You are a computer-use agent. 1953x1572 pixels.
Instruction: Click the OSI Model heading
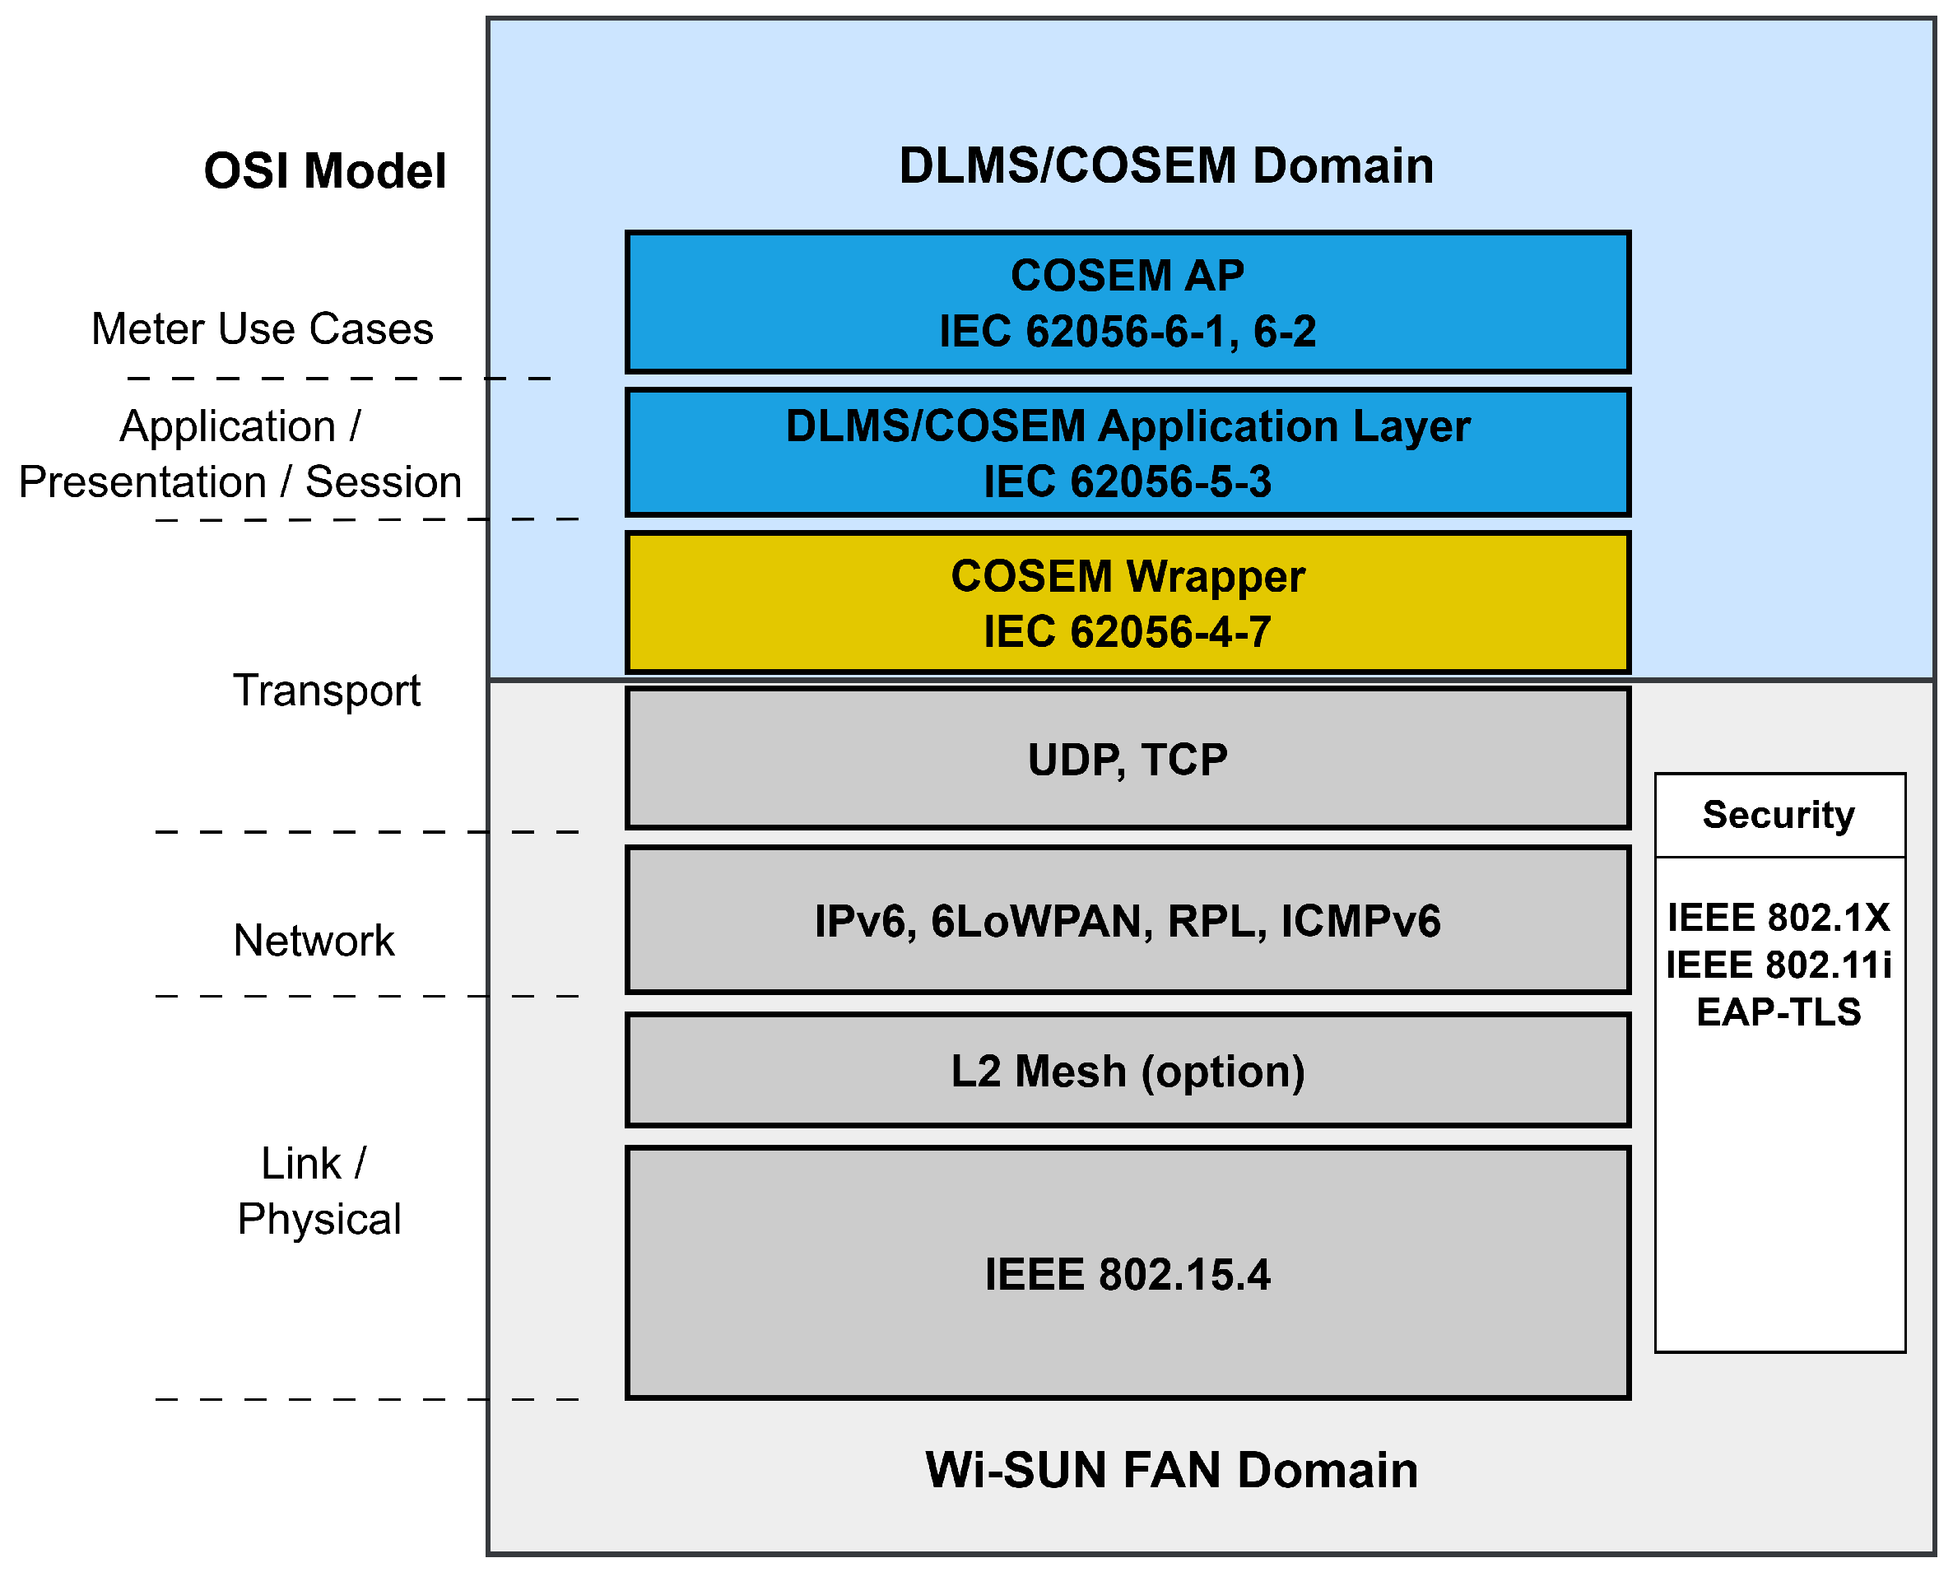324,171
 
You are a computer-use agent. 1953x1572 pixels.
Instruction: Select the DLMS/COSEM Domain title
1166,165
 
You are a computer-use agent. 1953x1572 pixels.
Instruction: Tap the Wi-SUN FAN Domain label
1170,1470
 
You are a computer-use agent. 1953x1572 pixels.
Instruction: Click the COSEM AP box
1127,302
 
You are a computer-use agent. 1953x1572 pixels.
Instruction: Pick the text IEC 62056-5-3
1127,481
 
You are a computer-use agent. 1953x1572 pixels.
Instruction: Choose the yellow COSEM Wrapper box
1127,602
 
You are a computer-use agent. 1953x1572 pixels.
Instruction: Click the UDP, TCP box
1127,760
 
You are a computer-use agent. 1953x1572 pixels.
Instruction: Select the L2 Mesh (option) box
1127,1071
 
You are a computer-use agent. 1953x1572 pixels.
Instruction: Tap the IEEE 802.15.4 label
1127,1274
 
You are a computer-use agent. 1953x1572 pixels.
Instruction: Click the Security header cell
1779,815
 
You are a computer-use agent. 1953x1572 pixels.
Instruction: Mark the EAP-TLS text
1779,1012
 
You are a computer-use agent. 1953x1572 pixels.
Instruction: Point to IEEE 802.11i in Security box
1779,965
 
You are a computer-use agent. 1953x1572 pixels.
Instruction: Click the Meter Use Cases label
262,329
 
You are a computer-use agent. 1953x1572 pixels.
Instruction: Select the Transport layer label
326,691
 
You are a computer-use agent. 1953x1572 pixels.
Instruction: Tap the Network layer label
314,941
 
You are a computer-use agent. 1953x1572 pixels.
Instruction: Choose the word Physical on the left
319,1219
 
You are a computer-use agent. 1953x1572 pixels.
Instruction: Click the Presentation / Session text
240,482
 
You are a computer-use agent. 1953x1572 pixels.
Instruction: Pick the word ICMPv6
1360,922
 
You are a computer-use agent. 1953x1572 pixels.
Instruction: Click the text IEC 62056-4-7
1127,631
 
